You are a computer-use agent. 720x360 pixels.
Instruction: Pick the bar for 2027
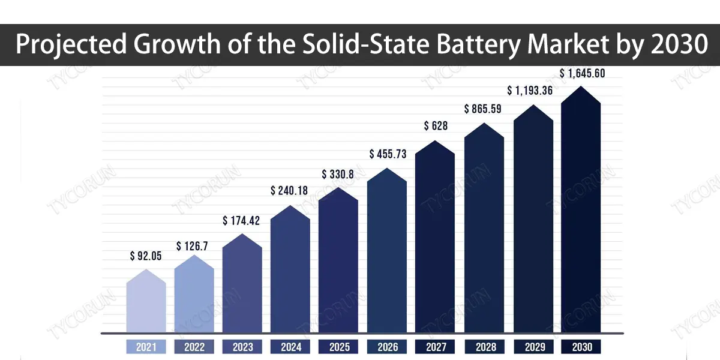pyautogui.click(x=435, y=240)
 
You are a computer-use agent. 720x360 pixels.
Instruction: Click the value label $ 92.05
pyautogui.click(x=146, y=256)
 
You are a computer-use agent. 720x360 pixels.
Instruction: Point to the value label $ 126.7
pyautogui.click(x=194, y=246)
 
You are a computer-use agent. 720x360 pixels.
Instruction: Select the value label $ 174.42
pyautogui.click(x=242, y=221)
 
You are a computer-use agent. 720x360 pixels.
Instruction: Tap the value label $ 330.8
pyautogui.click(x=338, y=175)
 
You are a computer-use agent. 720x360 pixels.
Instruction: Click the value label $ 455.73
pyautogui.click(x=387, y=154)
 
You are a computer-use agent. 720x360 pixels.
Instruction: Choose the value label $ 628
pyautogui.click(x=435, y=126)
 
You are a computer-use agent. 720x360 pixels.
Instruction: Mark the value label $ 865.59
pyautogui.click(x=484, y=109)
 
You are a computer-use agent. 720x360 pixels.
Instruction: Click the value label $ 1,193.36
pyautogui.click(x=532, y=91)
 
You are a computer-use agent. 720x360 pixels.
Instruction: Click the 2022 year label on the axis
pyautogui.click(x=194, y=347)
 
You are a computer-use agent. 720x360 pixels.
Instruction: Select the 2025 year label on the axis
pyautogui.click(x=338, y=347)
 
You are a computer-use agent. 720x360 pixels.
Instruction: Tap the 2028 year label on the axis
pyautogui.click(x=484, y=347)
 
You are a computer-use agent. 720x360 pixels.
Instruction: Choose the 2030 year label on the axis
pyautogui.click(x=581, y=347)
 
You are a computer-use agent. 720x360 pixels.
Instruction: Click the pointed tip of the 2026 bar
pyautogui.click(x=387, y=169)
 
